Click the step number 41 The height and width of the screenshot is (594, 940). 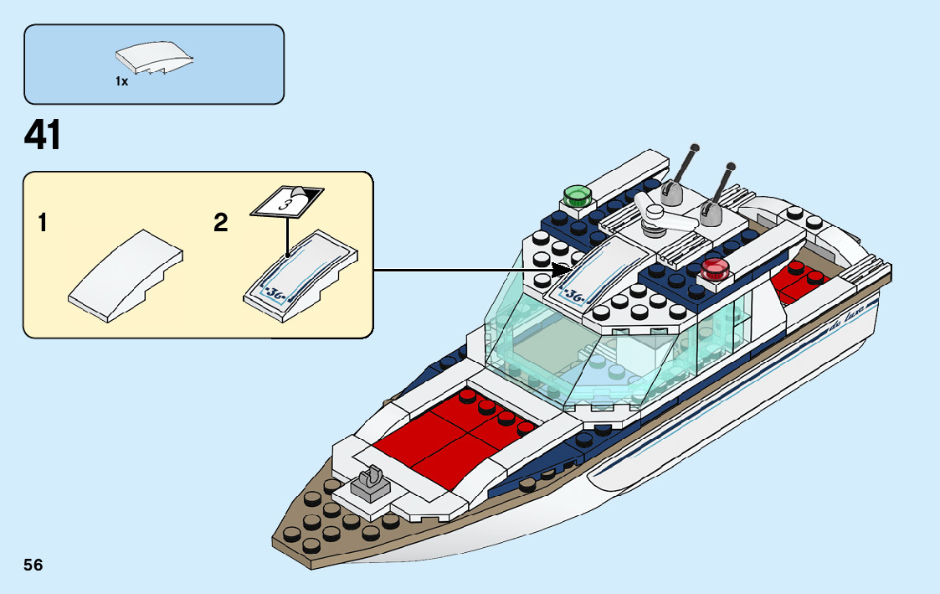(x=43, y=136)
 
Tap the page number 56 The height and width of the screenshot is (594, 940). (x=33, y=565)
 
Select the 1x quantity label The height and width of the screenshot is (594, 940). (x=122, y=82)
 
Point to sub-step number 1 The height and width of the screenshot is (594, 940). (x=43, y=224)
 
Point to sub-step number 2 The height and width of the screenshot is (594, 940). (x=221, y=223)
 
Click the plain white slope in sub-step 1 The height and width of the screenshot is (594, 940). (x=126, y=276)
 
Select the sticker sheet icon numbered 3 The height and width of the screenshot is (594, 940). (x=285, y=202)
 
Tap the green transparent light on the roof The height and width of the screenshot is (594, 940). (x=576, y=195)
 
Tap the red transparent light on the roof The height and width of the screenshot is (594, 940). (x=716, y=268)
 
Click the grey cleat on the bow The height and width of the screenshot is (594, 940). (x=369, y=483)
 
